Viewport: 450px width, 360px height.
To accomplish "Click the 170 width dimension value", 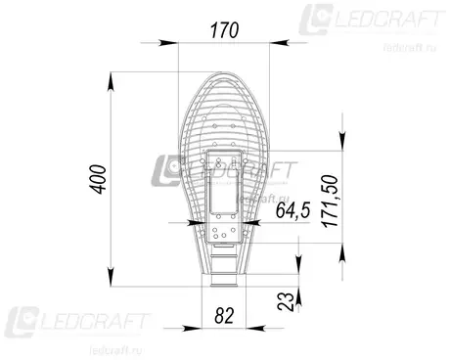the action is point(224,30).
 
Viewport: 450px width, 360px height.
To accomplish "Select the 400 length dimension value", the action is point(98,179).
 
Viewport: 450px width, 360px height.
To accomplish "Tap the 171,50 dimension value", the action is point(330,201).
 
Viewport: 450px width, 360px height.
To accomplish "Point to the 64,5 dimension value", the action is point(292,209).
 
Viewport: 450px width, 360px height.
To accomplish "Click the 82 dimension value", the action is point(224,315).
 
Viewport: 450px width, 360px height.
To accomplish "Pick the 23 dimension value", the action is point(285,301).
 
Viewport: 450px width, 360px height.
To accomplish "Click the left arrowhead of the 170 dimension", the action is point(168,43).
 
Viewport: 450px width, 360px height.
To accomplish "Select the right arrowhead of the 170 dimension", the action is point(280,42).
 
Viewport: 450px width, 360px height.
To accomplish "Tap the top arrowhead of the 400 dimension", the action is point(112,81).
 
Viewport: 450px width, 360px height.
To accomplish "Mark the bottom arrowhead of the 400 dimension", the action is point(111,277).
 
